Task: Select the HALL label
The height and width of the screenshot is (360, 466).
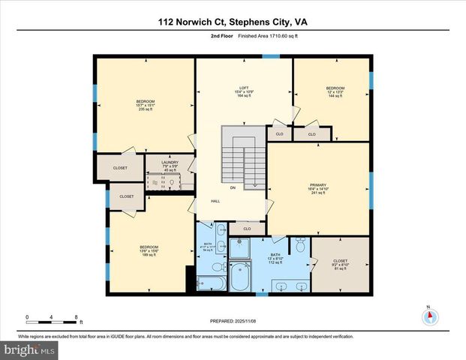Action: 215,202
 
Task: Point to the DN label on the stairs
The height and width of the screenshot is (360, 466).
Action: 233,187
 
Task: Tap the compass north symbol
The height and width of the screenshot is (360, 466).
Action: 428,315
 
